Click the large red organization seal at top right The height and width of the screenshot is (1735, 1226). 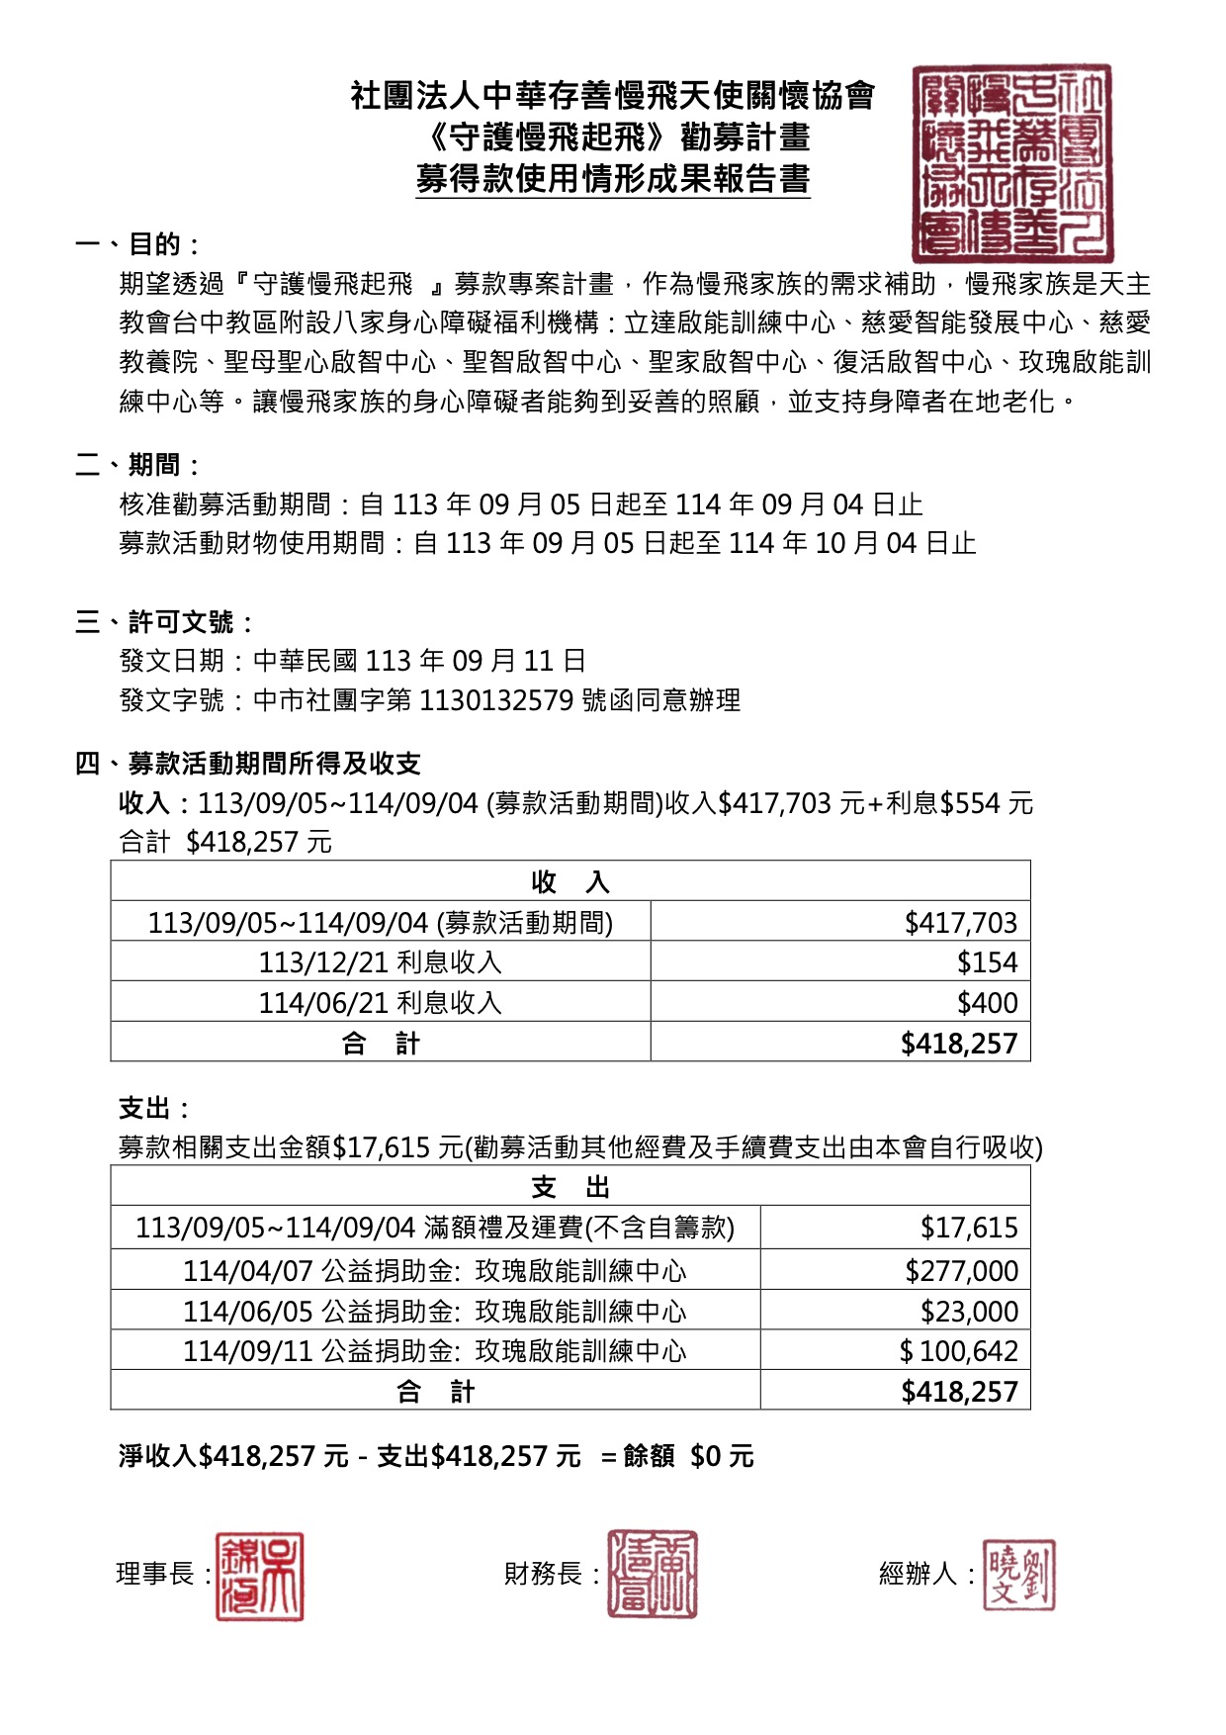(1011, 162)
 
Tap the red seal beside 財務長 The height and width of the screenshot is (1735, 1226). (652, 1574)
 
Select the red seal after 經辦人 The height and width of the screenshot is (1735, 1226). (1018, 1575)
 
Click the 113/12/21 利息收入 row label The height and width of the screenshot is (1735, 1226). (381, 962)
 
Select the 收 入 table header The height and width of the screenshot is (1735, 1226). (570, 881)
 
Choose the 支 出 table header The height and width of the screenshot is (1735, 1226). (570, 1187)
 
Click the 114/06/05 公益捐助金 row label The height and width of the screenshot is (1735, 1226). (434, 1312)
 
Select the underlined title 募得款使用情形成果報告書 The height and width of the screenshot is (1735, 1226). (612, 179)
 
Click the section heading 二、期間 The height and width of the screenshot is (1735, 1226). (139, 465)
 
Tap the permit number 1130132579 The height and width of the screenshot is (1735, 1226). (496, 700)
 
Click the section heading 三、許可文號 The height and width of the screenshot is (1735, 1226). (166, 622)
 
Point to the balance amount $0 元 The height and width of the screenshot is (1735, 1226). (722, 1456)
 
